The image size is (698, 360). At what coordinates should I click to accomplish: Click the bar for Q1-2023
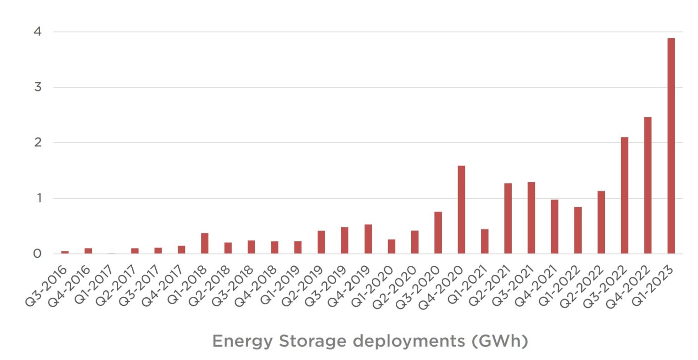click(x=671, y=145)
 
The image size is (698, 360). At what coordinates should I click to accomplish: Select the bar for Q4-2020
click(x=461, y=210)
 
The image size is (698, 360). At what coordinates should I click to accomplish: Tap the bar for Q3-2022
click(x=624, y=195)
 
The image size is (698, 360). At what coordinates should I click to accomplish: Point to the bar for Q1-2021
click(x=484, y=241)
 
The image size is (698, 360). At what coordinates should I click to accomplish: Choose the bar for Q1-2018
click(x=204, y=243)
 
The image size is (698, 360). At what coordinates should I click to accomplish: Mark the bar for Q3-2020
click(x=438, y=232)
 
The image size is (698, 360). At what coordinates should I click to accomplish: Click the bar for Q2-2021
click(x=508, y=218)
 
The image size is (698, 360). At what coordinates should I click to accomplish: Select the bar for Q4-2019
click(x=368, y=239)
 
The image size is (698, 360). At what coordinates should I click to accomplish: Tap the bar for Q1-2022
click(x=578, y=230)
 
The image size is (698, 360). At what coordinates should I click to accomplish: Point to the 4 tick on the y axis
click(x=37, y=32)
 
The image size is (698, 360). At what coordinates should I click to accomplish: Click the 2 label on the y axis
click(x=37, y=143)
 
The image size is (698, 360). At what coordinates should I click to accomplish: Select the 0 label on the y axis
click(x=37, y=254)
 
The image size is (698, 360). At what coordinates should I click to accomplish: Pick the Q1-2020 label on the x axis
click(x=373, y=286)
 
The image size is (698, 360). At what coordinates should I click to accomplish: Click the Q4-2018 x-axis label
click(x=256, y=286)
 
